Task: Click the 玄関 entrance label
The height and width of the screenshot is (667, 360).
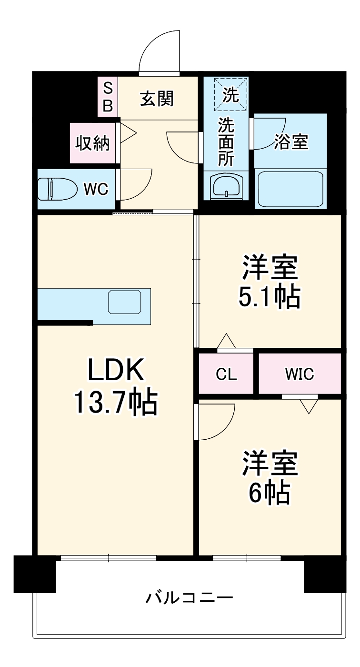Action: pyautogui.click(x=157, y=99)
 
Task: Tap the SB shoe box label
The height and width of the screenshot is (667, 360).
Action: pyautogui.click(x=108, y=97)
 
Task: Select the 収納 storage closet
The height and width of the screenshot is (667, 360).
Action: pyautogui.click(x=92, y=143)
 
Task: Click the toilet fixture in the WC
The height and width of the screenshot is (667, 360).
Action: pyautogui.click(x=58, y=189)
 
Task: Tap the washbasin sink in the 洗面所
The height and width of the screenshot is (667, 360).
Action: pyautogui.click(x=227, y=186)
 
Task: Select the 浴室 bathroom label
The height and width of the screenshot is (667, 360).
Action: pyautogui.click(x=290, y=141)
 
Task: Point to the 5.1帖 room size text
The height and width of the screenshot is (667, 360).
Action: pyautogui.click(x=270, y=296)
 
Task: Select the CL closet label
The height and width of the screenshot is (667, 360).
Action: pyautogui.click(x=226, y=374)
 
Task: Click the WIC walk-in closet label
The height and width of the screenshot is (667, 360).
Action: pyautogui.click(x=300, y=374)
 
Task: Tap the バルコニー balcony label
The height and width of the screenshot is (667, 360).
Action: pyautogui.click(x=190, y=596)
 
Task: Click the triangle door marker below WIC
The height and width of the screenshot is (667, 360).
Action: pyautogui.click(x=309, y=406)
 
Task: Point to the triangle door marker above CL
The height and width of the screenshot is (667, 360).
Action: pyautogui.click(x=226, y=342)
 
